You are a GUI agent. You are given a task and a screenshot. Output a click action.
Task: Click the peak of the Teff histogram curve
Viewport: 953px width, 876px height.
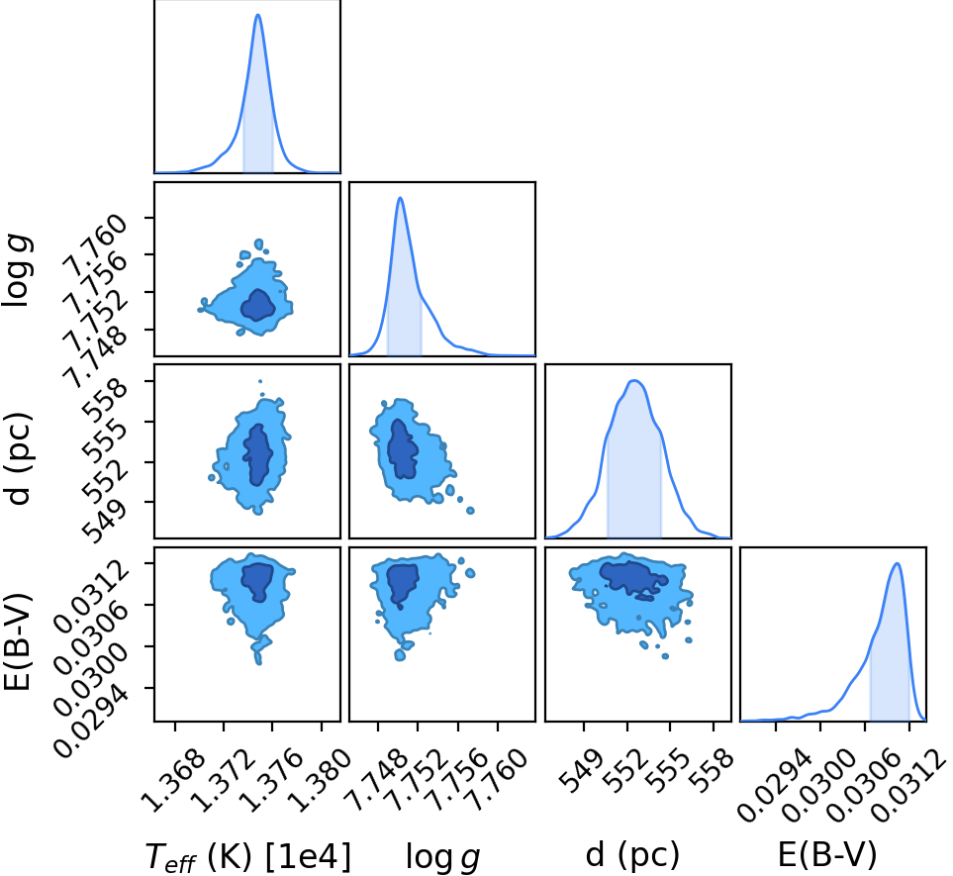tap(258, 15)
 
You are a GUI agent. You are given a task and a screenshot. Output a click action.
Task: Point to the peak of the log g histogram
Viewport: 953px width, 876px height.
tap(400, 198)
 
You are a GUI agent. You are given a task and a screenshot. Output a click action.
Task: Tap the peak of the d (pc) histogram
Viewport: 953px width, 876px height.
tap(634, 381)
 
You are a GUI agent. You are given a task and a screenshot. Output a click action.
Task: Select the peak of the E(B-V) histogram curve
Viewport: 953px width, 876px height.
tap(897, 563)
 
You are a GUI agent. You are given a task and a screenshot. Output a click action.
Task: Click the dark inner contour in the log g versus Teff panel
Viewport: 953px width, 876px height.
tap(258, 305)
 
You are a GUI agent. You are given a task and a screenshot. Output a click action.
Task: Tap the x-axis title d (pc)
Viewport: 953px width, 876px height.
tap(632, 855)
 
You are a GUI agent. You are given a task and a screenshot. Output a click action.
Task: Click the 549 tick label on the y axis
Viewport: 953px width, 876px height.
tap(105, 519)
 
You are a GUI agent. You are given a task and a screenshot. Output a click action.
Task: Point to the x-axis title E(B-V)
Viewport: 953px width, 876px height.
tap(827, 855)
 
